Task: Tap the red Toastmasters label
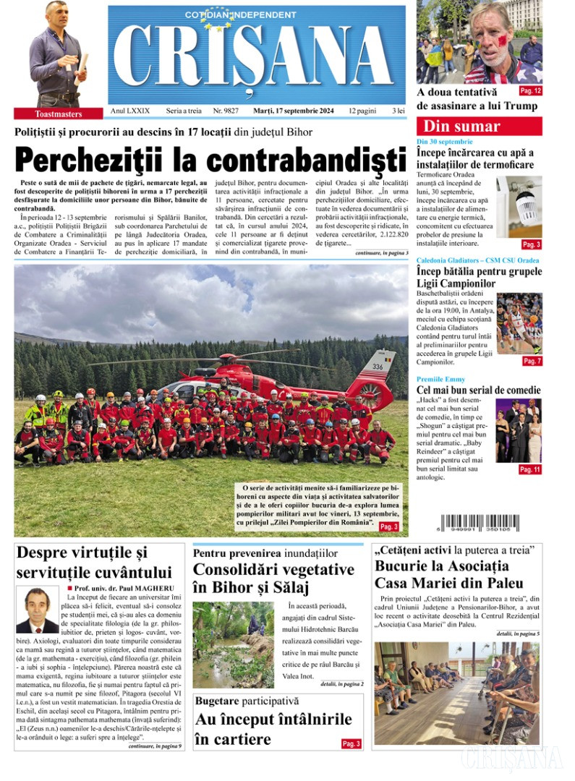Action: point(59,114)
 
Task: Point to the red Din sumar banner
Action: point(479,127)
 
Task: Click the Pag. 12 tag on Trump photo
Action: point(530,91)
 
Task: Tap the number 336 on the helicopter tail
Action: point(377,367)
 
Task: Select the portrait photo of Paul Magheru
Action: point(38,610)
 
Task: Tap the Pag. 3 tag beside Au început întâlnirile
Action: point(351,743)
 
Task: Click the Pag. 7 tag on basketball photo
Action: point(532,360)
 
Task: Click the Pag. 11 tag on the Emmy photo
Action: point(530,469)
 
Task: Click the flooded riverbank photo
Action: point(233,644)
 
